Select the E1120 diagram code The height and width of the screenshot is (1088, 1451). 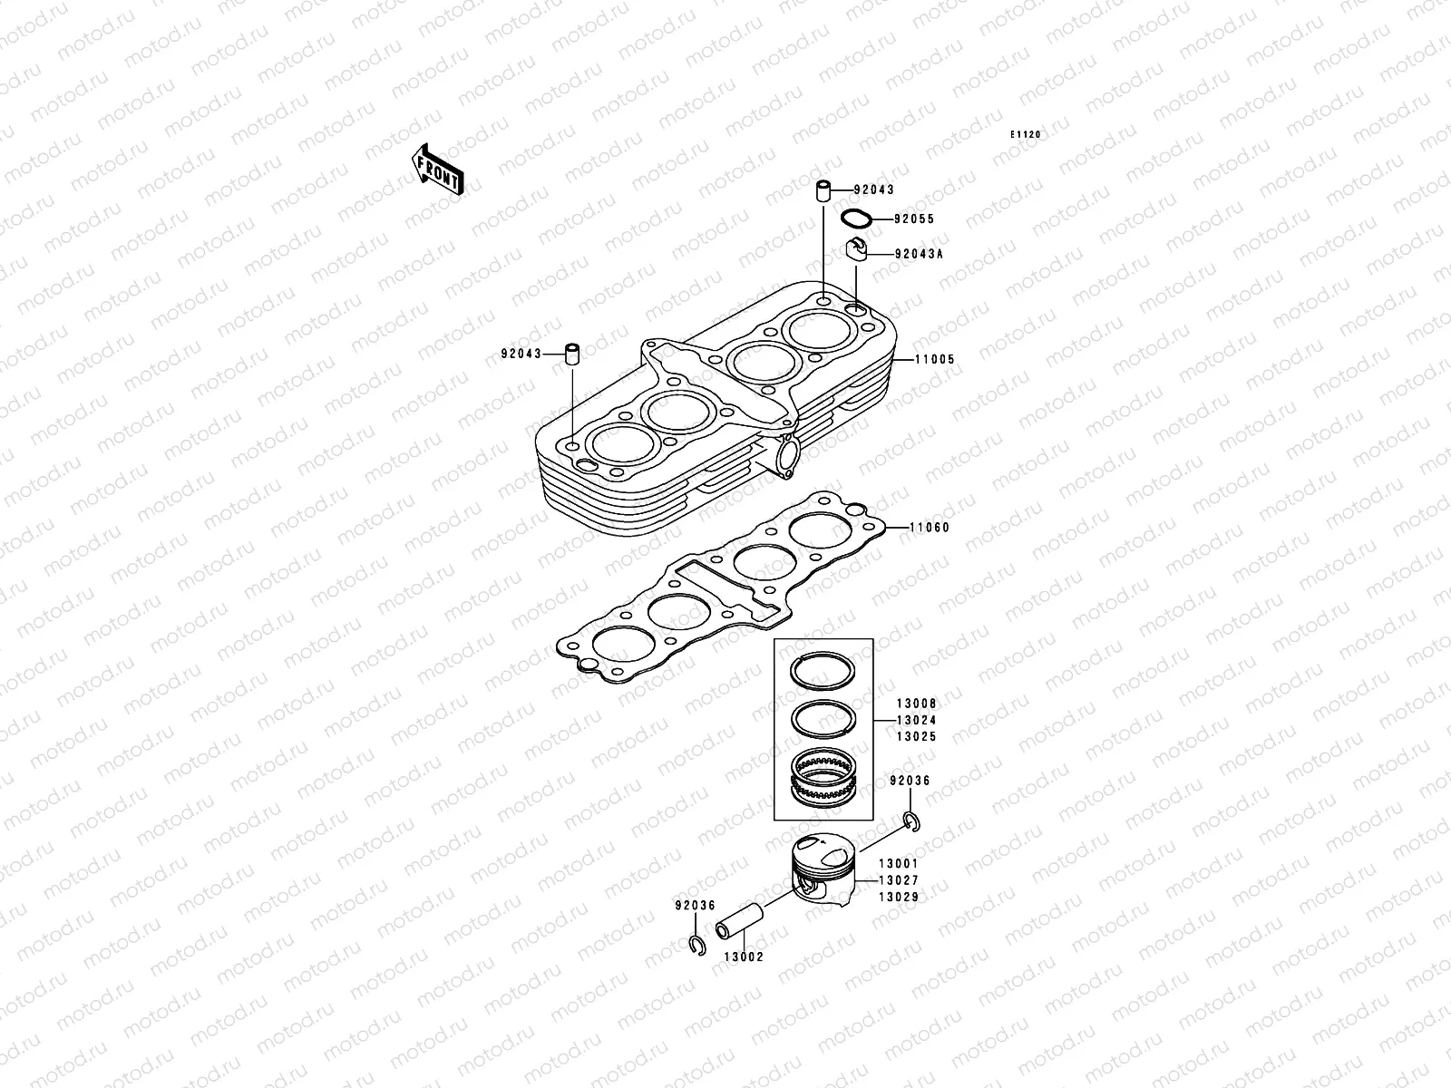tap(1027, 134)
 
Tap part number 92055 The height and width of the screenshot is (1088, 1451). tap(913, 219)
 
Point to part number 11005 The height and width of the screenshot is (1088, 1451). tap(934, 360)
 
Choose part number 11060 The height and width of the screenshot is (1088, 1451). tap(930, 528)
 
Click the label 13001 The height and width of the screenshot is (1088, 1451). tap(899, 864)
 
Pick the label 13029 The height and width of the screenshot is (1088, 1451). tap(899, 898)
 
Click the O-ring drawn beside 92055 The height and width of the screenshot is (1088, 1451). tap(857, 219)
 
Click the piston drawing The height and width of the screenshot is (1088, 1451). tap(821, 870)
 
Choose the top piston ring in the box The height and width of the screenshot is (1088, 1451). tap(824, 672)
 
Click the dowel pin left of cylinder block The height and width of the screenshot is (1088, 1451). tap(573, 354)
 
